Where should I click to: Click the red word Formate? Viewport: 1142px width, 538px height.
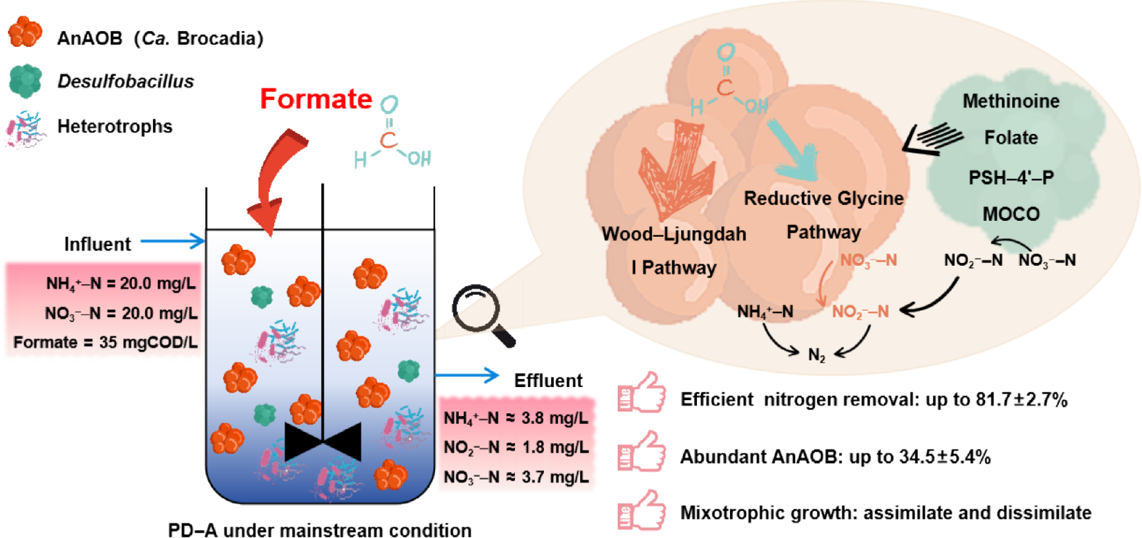click(x=316, y=99)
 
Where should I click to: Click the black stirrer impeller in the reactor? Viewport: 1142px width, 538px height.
click(x=322, y=441)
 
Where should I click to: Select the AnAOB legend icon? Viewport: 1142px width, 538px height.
click(x=25, y=32)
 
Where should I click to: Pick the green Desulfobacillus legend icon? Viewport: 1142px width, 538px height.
click(x=25, y=81)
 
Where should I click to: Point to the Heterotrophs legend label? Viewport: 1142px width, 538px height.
click(x=115, y=126)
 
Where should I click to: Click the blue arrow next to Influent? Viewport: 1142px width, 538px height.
click(x=173, y=241)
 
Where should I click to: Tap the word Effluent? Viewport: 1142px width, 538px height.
click(x=548, y=380)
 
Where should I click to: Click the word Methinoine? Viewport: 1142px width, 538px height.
click(x=1011, y=101)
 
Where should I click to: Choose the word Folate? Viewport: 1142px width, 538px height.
click(x=1011, y=138)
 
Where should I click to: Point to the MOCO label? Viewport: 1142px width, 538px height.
click(x=1011, y=214)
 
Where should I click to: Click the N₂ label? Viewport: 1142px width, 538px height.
click(x=816, y=355)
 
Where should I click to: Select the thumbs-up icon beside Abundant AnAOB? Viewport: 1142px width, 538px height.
click(x=641, y=452)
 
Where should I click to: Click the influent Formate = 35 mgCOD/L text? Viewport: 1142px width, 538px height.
click(x=105, y=342)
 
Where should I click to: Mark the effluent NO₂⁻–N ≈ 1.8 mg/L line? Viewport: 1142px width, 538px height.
click(x=516, y=448)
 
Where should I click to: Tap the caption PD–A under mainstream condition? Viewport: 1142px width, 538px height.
click(x=320, y=530)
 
